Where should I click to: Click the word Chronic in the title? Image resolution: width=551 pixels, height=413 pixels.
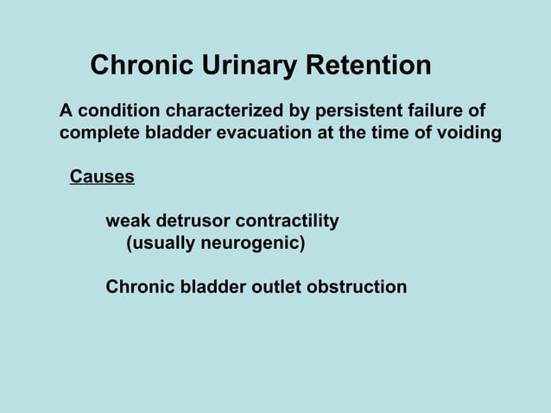pos(141,66)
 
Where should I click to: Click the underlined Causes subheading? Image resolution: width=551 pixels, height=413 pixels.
pos(102,177)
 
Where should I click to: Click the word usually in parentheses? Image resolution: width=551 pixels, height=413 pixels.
pos(161,244)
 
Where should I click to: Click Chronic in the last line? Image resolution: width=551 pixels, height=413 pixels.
pos(137,287)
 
